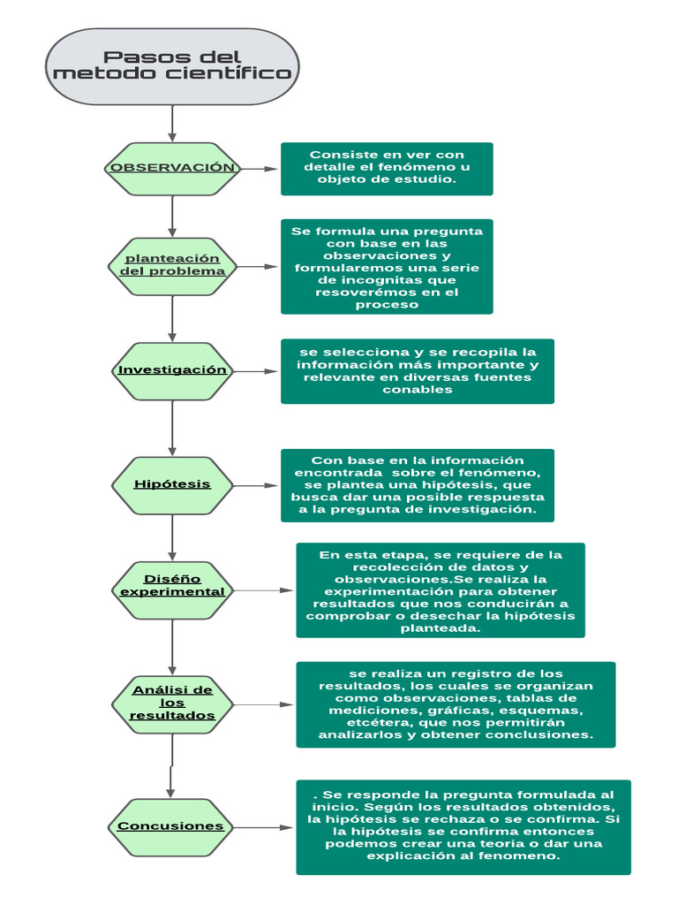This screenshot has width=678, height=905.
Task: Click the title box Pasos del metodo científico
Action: coord(172,66)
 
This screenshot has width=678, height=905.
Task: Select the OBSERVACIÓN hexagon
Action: coord(172,168)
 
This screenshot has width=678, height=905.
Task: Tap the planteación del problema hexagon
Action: coord(172,264)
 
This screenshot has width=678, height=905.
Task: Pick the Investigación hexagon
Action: coord(172,370)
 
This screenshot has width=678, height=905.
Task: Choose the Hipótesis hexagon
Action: coord(172,484)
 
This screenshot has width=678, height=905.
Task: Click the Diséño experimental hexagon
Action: coord(172,584)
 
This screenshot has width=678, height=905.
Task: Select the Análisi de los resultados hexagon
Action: coord(172,703)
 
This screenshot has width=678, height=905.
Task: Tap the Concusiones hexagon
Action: coord(172,826)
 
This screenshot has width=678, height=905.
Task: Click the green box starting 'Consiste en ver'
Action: coord(387,168)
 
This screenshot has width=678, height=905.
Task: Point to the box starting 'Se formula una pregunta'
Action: coord(387,266)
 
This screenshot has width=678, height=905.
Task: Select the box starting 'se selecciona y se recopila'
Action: coord(418,371)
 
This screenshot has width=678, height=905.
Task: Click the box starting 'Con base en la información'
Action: coord(418,485)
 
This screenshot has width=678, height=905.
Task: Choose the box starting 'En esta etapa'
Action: coord(440,590)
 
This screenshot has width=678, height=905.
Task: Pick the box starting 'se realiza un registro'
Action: coord(456,704)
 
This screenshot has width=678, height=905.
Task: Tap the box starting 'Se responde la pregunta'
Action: coord(463,827)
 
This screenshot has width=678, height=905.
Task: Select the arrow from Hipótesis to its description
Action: coord(256,485)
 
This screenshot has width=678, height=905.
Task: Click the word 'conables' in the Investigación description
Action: coord(418,391)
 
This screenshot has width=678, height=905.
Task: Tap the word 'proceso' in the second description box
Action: coord(387,305)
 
